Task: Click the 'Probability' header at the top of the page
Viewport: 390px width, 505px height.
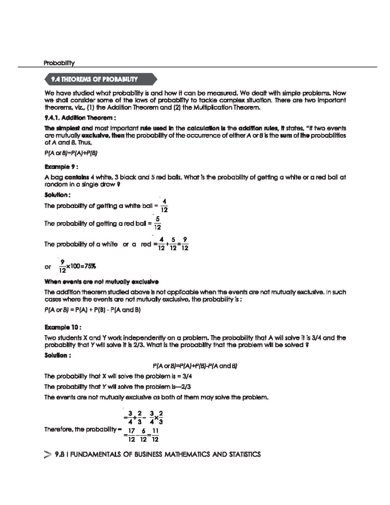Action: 59,63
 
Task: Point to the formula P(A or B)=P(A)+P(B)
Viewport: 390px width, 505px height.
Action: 71,153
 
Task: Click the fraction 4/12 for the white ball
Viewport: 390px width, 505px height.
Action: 164,206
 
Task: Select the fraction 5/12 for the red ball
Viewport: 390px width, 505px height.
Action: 157,223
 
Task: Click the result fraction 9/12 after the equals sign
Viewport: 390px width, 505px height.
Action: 185,244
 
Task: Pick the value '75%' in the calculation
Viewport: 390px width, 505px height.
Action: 90,267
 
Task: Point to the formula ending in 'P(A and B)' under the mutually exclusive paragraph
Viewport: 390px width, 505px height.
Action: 92,310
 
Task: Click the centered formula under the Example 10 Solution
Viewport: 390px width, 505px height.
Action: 195,366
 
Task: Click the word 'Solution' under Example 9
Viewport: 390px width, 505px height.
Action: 56,195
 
